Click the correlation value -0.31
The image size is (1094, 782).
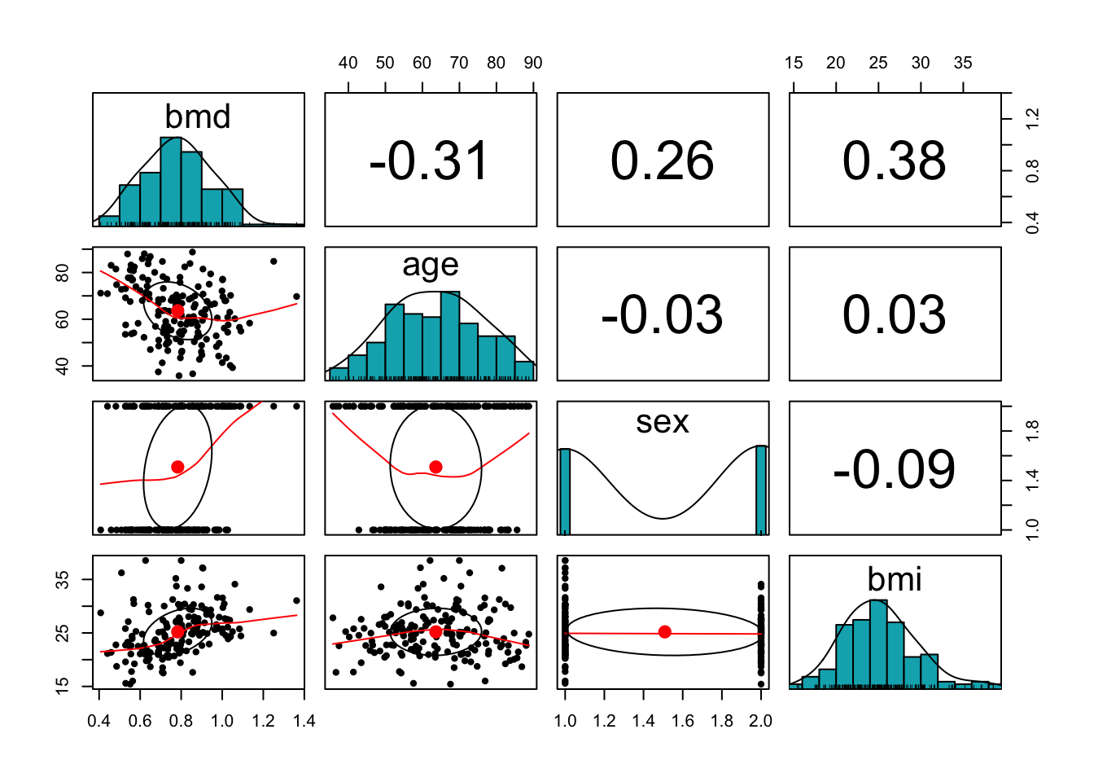[x=429, y=160]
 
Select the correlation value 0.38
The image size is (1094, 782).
[x=894, y=160]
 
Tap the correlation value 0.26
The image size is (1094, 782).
[x=662, y=160]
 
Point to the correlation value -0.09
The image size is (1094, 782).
[x=894, y=470]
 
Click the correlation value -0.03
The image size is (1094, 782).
[x=662, y=315]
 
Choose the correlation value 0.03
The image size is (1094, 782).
[x=894, y=315]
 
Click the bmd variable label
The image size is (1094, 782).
[x=198, y=116]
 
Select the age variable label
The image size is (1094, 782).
[x=431, y=265]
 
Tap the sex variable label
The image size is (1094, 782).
[x=663, y=422]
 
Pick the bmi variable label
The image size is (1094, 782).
[x=895, y=579]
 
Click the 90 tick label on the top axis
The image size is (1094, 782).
[x=533, y=64]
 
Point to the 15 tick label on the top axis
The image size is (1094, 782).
[x=794, y=64]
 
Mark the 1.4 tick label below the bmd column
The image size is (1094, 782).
[x=304, y=721]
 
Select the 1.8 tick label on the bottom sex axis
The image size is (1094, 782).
[x=722, y=721]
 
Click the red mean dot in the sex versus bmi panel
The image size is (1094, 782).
[x=665, y=632]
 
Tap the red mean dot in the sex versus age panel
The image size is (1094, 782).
[x=435, y=467]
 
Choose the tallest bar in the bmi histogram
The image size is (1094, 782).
[x=878, y=644]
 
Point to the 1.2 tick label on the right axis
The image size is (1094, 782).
[x=1032, y=120]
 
